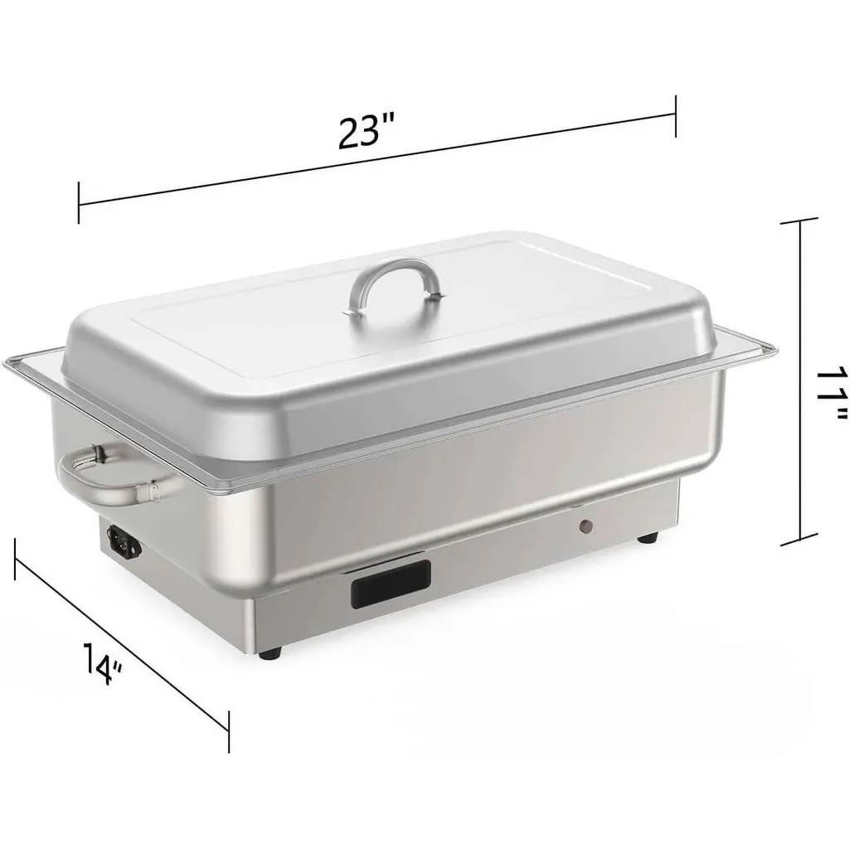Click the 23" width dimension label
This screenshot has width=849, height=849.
pyautogui.click(x=366, y=131)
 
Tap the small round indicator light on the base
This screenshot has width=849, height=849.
pyautogui.click(x=586, y=526)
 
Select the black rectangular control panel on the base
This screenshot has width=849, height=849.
pyautogui.click(x=391, y=585)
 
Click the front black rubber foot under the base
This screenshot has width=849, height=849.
pyautogui.click(x=270, y=653)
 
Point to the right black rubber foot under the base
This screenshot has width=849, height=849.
pyautogui.click(x=648, y=537)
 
